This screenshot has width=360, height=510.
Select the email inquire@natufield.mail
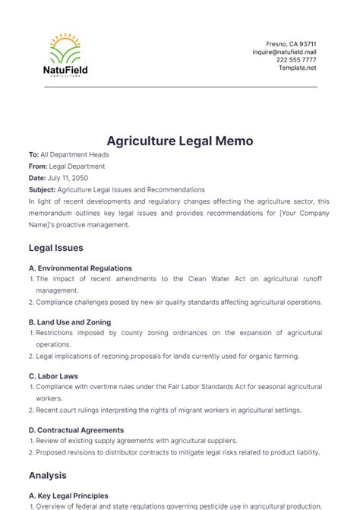284,52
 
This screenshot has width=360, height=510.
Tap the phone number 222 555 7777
297,59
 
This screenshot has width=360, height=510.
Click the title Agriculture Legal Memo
179,141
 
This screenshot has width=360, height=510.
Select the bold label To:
33,154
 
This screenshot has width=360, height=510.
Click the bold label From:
37,166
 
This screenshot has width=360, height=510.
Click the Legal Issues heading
55,248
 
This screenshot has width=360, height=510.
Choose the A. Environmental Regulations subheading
80,268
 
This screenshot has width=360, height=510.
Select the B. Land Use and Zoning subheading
70,322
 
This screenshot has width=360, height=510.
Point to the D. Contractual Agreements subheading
77,429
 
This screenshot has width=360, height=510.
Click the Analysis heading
48,476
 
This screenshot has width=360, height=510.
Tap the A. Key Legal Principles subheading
68,496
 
